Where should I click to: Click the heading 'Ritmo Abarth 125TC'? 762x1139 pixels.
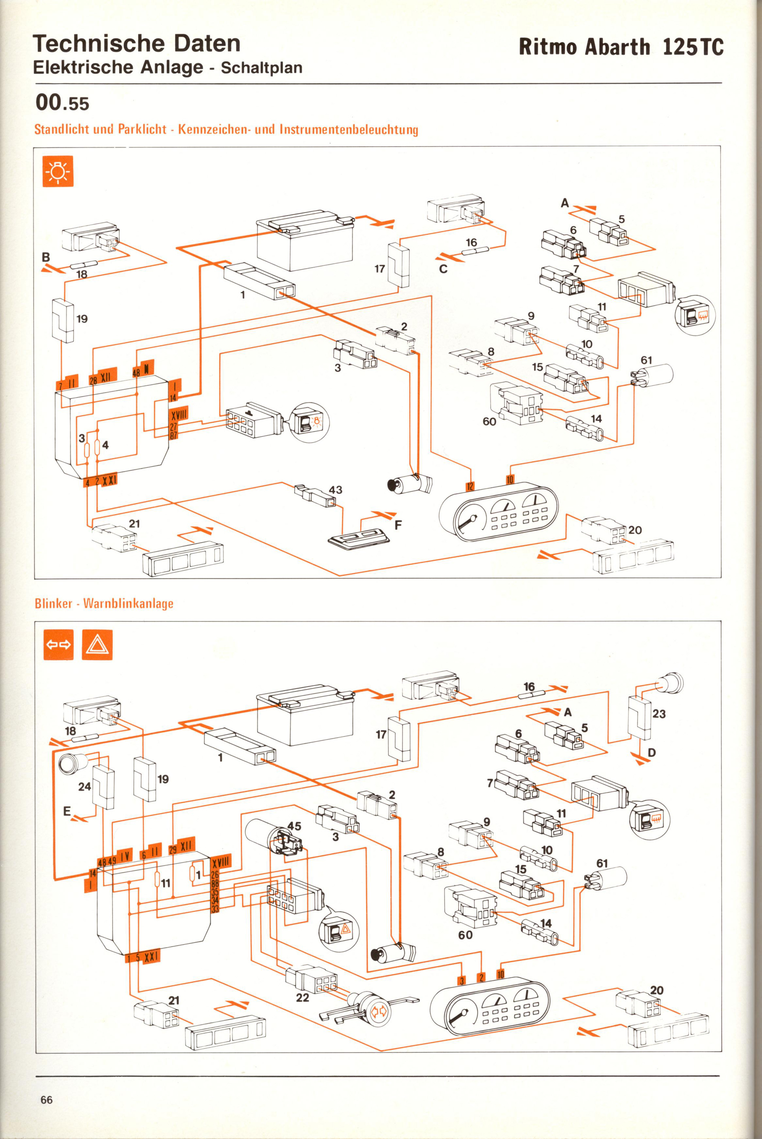621,47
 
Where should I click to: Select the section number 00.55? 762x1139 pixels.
62,103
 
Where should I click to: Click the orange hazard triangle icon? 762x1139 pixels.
97,645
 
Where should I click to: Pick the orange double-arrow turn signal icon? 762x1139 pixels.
58,645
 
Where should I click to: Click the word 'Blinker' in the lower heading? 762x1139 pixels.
53,604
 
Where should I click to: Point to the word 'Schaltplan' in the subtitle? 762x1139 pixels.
261,68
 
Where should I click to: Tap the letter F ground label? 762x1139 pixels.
398,525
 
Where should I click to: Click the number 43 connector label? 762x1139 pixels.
335,490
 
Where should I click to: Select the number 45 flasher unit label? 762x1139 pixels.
294,826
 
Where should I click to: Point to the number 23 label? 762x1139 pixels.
659,714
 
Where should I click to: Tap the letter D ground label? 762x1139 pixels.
652,753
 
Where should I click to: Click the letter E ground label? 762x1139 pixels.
67,811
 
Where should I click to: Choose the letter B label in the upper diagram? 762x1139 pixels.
46,257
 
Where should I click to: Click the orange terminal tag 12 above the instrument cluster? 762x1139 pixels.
470,486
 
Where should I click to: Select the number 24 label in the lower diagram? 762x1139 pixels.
85,786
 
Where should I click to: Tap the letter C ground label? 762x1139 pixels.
443,269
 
